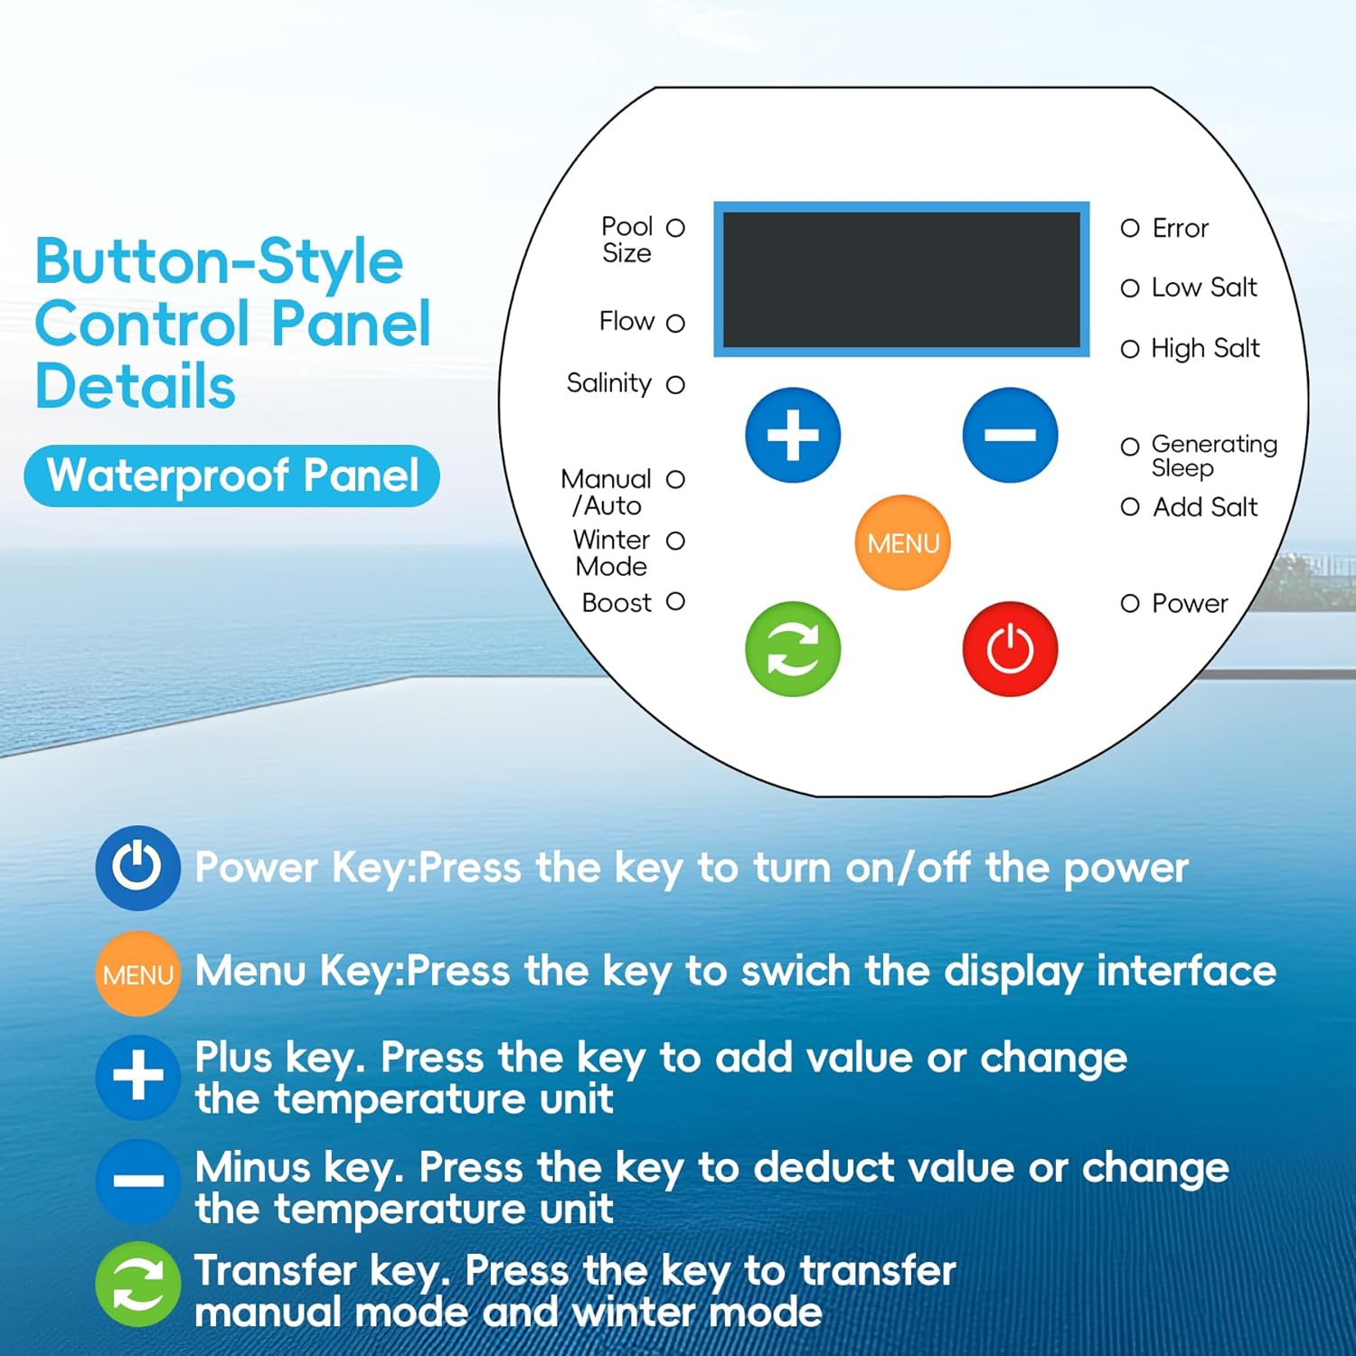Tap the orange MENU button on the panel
[902, 542]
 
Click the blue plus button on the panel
[793, 435]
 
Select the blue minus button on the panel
[1010, 435]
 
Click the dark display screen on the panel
[901, 278]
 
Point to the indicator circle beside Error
[1130, 228]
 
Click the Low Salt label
[1203, 287]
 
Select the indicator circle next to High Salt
[1130, 349]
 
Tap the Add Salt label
[1205, 507]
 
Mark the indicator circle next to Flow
[675, 323]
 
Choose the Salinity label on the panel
[608, 383]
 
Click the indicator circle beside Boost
[675, 601]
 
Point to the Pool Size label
[626, 240]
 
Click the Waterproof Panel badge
[232, 476]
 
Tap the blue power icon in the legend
[137, 867]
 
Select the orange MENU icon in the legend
[137, 975]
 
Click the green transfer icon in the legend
[137, 1285]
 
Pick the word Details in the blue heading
[136, 387]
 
